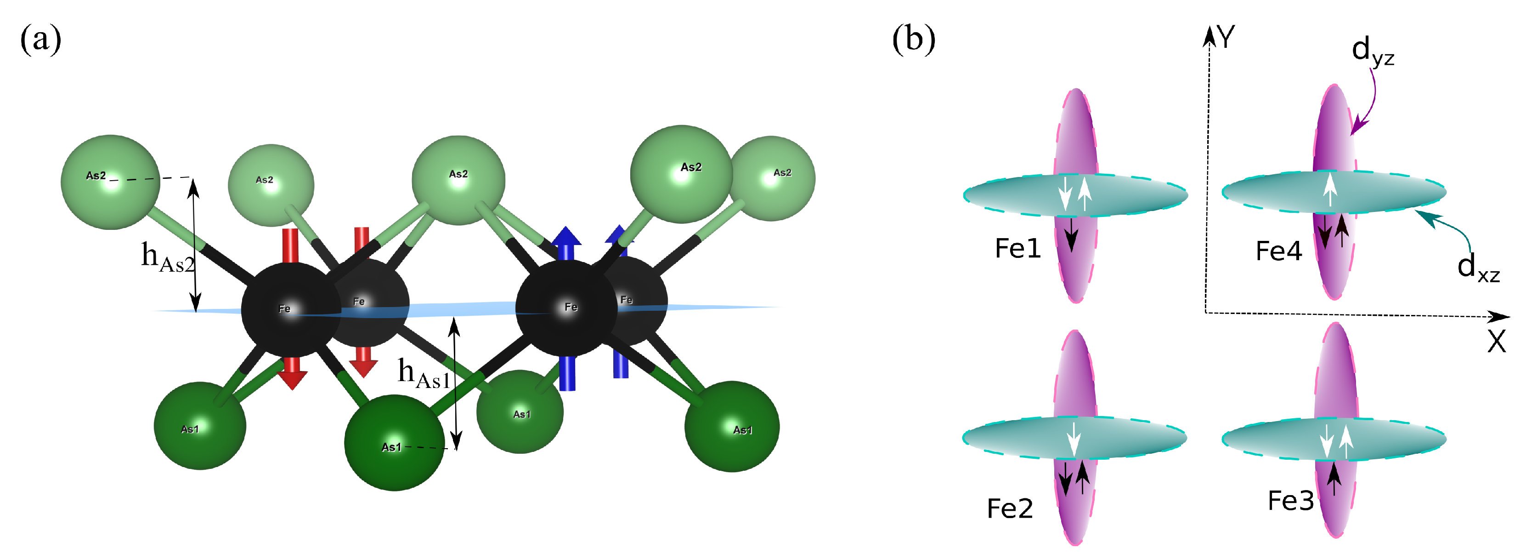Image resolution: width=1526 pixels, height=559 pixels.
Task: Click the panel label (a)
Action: pos(40,40)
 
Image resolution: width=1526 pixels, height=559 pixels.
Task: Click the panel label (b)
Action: pos(914,40)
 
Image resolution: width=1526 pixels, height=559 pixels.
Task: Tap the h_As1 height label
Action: pos(424,373)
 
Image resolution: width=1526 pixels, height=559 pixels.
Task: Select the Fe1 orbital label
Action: pos(1017,248)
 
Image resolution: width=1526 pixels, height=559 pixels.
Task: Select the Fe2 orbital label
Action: pos(1009,508)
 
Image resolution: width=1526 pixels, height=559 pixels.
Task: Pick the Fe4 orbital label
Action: pos(1278,251)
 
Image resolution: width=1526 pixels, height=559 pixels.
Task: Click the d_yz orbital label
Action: pos(1372,51)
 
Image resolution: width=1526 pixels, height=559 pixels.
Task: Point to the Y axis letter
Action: pos(1226,37)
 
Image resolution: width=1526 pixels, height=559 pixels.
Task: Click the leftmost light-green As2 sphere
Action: pos(111,182)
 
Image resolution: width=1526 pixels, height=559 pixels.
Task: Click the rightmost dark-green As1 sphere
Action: pos(732,426)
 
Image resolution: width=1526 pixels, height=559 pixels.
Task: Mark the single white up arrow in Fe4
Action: pos(1330,188)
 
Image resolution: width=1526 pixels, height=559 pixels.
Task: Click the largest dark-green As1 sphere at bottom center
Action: pos(395,442)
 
